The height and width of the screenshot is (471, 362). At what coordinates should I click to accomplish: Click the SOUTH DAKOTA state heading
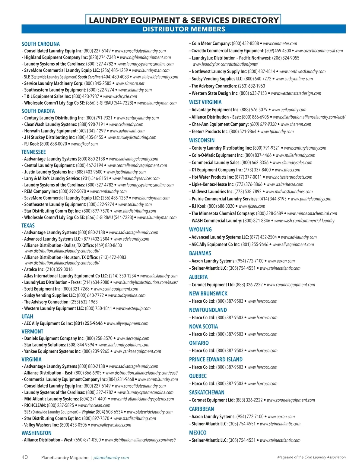coord(38,111)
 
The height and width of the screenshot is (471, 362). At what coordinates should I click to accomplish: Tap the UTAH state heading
coord(27,317)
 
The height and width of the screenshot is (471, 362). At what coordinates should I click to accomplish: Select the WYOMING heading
coord(200,229)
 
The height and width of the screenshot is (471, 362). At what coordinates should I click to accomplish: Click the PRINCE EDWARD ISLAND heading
coord(216,359)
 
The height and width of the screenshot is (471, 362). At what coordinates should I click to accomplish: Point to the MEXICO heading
coord(198,433)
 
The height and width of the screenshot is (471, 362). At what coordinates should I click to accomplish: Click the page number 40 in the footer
coord(24,457)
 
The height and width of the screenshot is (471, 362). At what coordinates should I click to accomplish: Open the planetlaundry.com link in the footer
coord(111,458)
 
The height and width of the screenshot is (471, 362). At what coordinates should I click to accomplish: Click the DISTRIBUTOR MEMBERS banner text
coord(184,29)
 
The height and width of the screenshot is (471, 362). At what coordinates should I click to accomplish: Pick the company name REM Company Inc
coord(41,191)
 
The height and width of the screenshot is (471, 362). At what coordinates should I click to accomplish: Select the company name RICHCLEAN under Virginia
coord(35,405)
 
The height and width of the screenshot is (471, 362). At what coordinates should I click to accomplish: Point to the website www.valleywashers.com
coord(111,425)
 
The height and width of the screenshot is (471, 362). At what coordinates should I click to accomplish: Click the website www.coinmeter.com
coord(280,44)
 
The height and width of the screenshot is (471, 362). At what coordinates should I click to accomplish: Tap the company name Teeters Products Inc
coord(210,132)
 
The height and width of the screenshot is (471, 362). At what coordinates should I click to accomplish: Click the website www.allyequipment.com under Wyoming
coord(293,245)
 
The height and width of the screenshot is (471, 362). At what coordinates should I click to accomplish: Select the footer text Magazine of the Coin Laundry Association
coord(311,457)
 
